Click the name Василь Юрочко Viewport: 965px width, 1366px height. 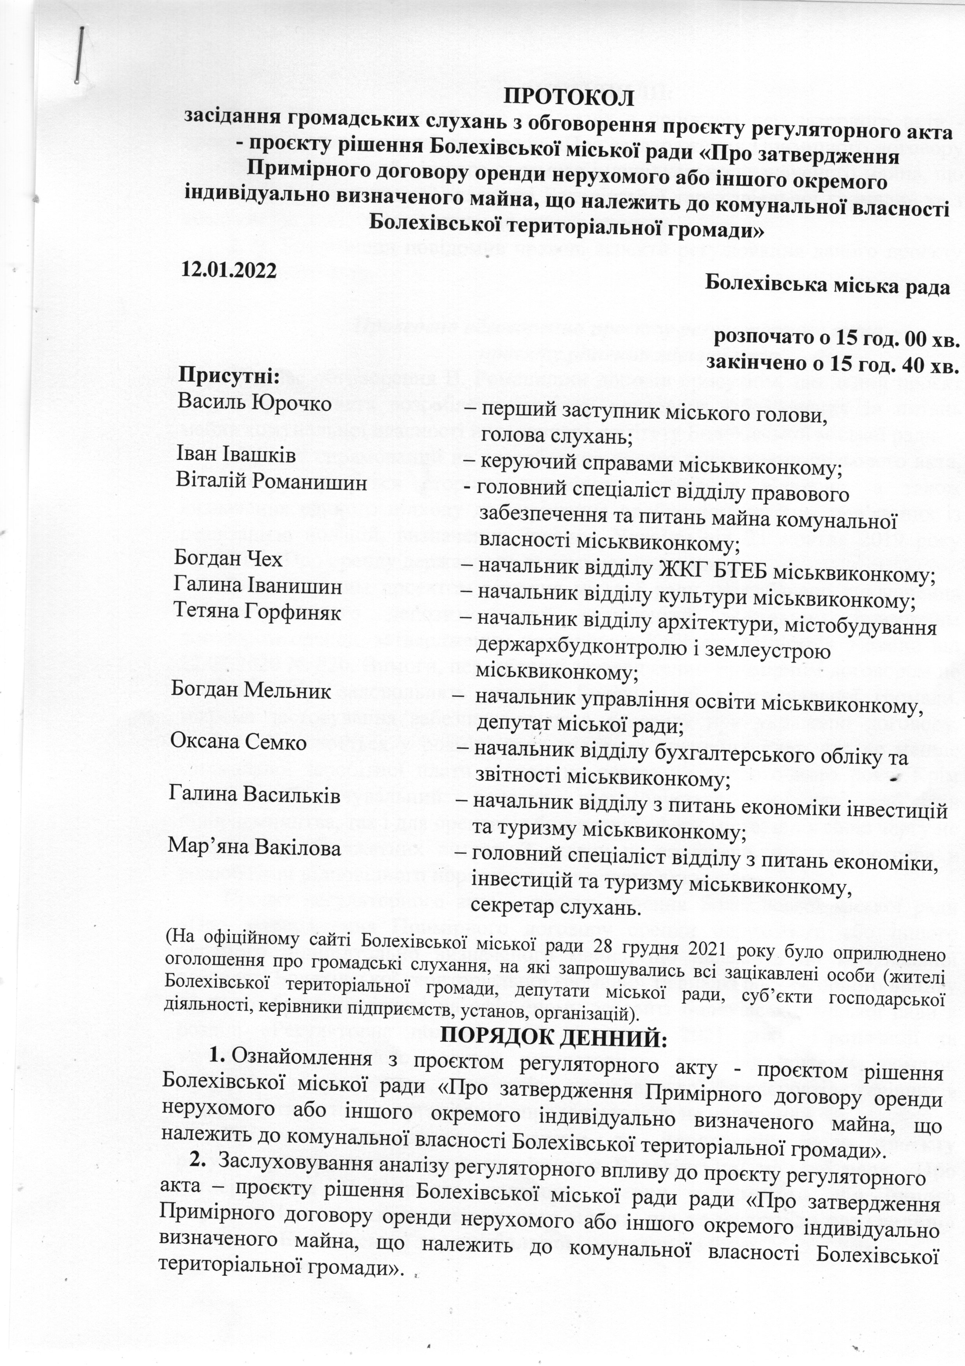click(x=254, y=404)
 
